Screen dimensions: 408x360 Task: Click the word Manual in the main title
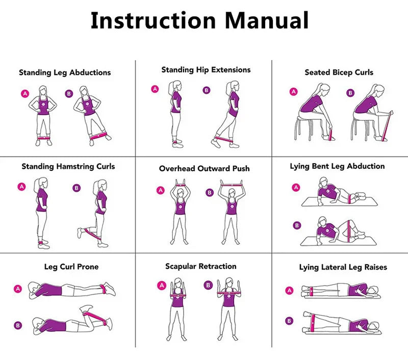point(266,20)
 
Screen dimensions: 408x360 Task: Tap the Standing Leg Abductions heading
point(65,72)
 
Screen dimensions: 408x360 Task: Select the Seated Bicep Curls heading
point(339,72)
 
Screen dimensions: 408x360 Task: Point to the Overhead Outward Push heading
point(205,169)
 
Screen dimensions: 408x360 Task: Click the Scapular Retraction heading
point(201,266)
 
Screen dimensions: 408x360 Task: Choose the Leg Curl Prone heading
point(71,267)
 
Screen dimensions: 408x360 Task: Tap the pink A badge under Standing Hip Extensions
point(155,89)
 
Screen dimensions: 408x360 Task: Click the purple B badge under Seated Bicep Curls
point(350,93)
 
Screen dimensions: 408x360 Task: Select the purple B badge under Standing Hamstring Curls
point(76,188)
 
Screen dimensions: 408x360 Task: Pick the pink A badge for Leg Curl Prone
point(18,289)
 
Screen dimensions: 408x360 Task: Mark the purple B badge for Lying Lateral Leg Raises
point(289,321)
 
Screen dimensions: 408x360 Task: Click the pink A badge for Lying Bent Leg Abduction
point(296,187)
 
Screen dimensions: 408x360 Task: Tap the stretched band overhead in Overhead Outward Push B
point(232,185)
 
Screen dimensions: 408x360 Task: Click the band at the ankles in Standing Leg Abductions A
point(43,138)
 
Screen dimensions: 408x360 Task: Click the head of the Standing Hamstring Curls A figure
point(42,184)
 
